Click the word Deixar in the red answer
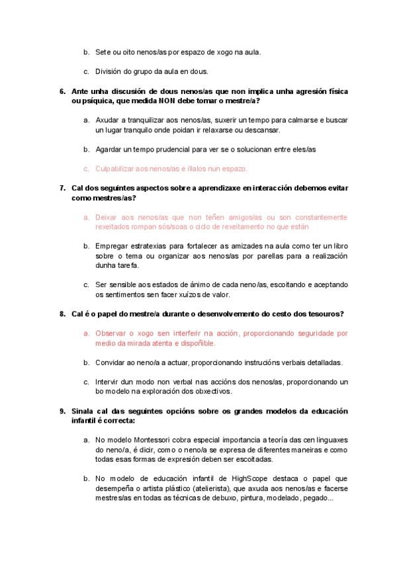point(107,217)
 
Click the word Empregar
point(112,246)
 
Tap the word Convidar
point(111,363)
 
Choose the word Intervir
point(109,382)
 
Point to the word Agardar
point(110,149)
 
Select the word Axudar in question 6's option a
point(108,120)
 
